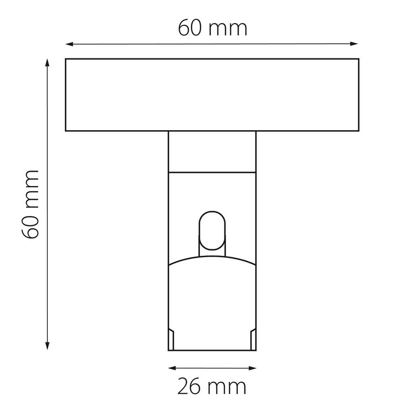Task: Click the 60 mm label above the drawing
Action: pos(213,28)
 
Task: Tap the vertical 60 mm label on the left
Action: pos(30,204)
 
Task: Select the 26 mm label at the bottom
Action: pos(211,387)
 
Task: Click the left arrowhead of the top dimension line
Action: pos(69,44)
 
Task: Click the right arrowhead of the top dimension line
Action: pos(354,44)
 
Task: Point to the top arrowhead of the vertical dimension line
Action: pos(47,63)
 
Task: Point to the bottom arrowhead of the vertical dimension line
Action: pos(47,346)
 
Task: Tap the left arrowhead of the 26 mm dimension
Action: pos(172,368)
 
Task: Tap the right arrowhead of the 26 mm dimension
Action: pos(253,368)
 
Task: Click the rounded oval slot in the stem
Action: pos(212,231)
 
